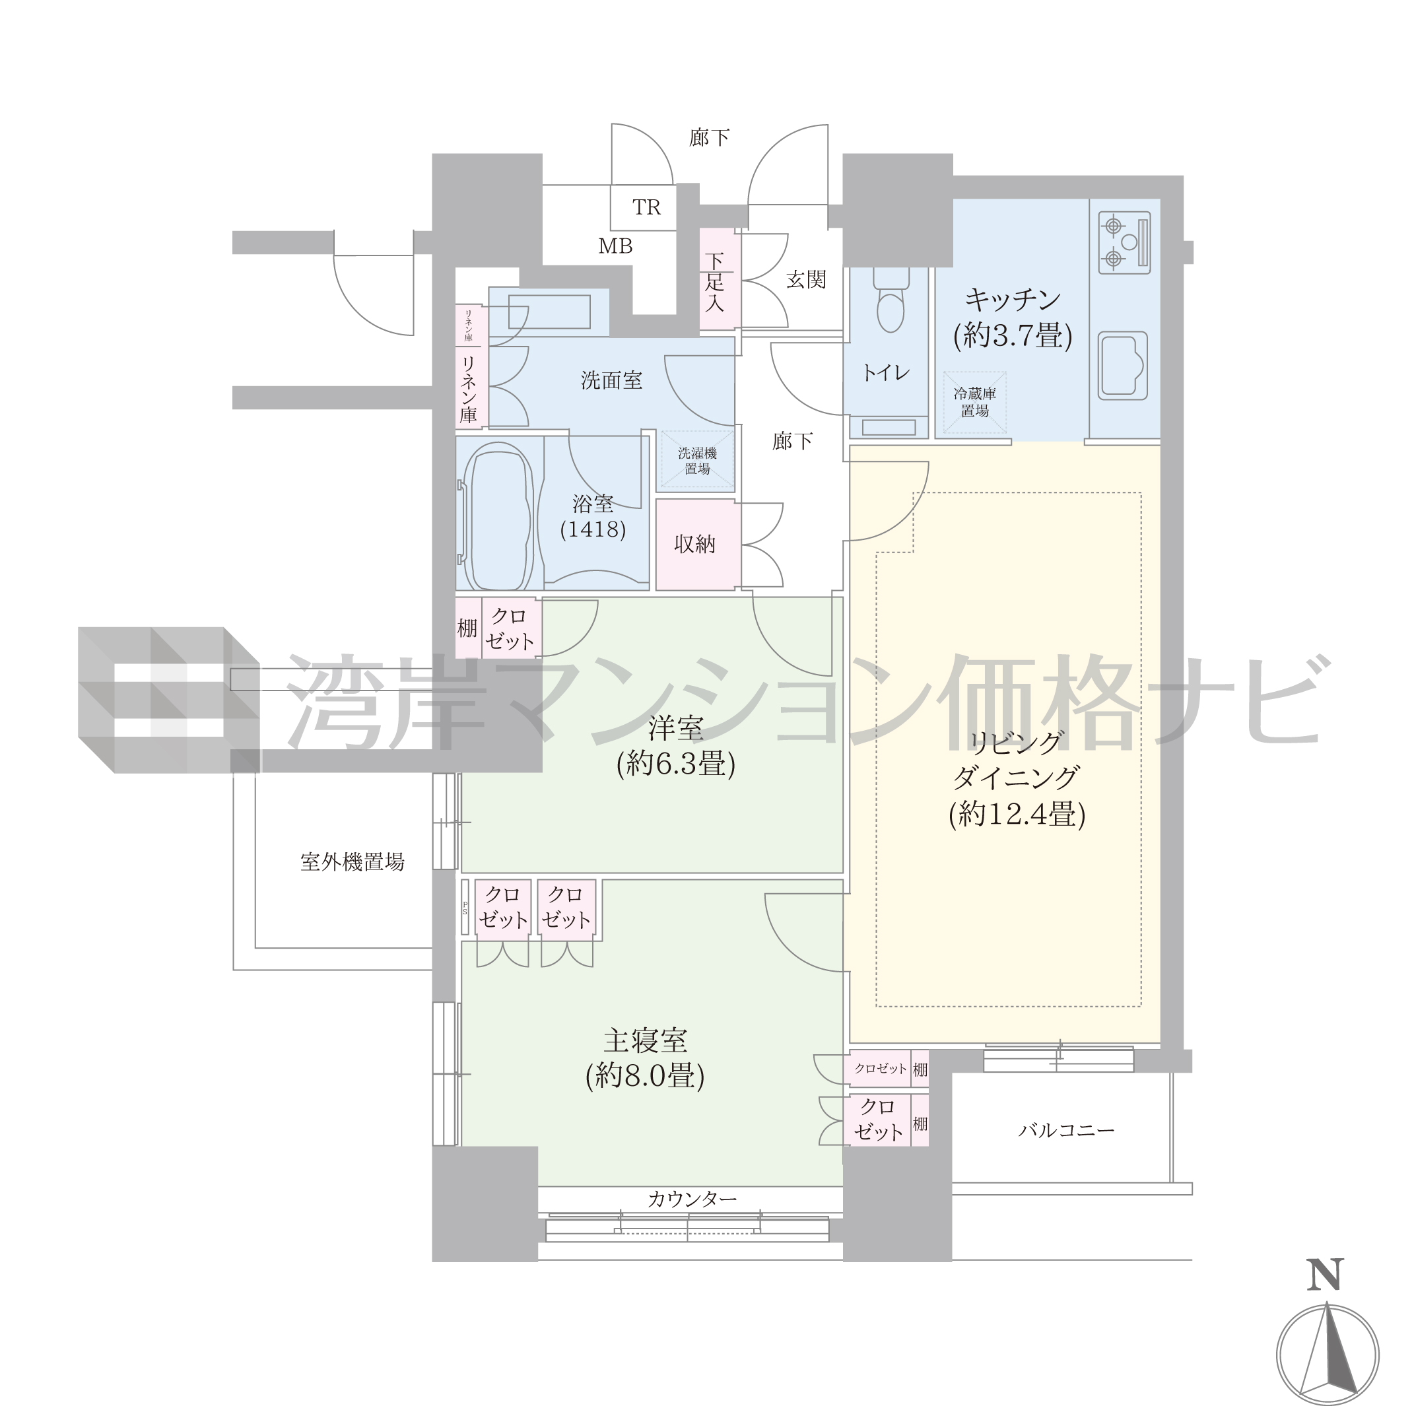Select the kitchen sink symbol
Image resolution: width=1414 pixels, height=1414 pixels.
1123,365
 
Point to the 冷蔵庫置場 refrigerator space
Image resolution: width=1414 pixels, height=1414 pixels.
975,403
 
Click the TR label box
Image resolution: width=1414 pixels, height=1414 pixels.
644,208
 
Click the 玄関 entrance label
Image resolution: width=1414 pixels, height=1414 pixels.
806,280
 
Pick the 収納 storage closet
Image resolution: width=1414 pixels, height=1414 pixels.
694,544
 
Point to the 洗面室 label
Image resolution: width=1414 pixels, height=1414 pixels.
611,381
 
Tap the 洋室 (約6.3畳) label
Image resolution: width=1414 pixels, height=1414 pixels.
675,746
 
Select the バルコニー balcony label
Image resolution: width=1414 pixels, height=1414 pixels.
1066,1131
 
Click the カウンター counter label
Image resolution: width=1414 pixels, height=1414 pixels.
692,1199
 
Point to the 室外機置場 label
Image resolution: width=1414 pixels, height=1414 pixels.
352,862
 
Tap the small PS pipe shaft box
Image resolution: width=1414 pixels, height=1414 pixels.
465,908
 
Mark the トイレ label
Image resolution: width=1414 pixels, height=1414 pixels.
886,372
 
